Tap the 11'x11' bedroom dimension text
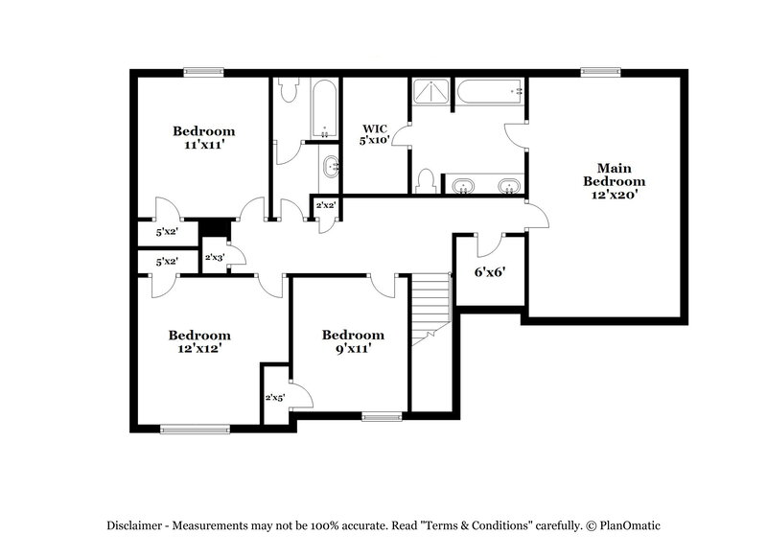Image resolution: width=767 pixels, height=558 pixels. click(203, 145)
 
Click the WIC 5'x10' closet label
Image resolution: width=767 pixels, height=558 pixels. click(374, 133)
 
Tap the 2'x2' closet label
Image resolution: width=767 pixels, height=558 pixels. click(325, 205)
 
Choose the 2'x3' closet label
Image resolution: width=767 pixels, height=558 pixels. click(214, 257)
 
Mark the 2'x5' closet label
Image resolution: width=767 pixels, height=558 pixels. click(274, 397)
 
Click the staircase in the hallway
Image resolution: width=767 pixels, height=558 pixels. click(430, 307)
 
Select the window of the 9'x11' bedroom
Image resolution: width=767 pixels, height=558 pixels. click(382, 416)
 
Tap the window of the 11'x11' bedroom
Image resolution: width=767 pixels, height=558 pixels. click(203, 71)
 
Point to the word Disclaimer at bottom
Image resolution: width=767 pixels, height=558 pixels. click(134, 524)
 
